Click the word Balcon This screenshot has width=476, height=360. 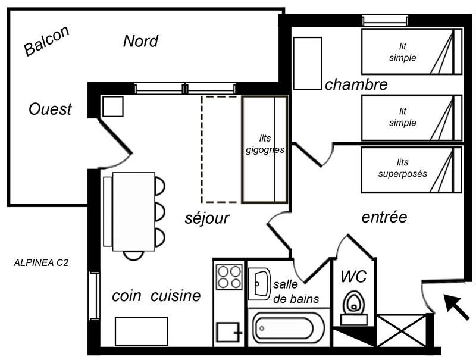tap(46, 40)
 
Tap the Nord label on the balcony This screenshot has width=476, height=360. tap(140, 41)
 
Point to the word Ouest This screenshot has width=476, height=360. tap(50, 109)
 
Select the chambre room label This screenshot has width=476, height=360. tap(356, 84)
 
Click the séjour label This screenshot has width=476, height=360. tap(207, 218)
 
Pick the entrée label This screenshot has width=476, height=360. tap(384, 217)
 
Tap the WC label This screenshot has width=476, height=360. tap(353, 276)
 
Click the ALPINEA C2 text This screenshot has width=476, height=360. tap(41, 262)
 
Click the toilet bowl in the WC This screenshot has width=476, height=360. tap(353, 303)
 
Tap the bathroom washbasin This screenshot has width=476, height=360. tap(259, 284)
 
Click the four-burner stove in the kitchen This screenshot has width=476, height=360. tap(229, 277)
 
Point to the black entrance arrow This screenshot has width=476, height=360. tap(456, 306)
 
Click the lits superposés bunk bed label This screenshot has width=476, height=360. tap(403, 168)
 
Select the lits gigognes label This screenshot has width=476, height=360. tap(265, 144)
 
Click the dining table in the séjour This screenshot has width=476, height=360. tap(133, 212)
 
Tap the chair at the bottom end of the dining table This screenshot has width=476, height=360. tap(133, 256)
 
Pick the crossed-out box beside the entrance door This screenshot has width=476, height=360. tap(401, 330)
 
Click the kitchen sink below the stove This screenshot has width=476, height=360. tap(228, 333)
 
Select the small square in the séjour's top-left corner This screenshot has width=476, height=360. tap(113, 107)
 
